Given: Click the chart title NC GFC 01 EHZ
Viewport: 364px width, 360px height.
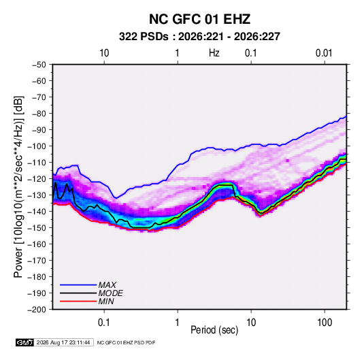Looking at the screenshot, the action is click(199, 19).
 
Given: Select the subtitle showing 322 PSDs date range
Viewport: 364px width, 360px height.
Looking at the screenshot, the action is click(199, 37).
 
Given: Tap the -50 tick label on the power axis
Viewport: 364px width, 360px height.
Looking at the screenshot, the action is click(39, 65).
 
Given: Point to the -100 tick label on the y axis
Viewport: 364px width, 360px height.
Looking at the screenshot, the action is click(37, 146).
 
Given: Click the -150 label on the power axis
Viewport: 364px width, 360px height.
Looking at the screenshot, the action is click(37, 228).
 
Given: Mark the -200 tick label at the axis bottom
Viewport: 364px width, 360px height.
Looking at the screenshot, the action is click(37, 310).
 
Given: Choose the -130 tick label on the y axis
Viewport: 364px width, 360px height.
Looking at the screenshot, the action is click(37, 195).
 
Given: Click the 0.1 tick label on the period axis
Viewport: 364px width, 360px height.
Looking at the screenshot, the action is click(104, 323).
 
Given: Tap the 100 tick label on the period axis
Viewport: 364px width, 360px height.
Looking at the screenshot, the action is click(325, 323).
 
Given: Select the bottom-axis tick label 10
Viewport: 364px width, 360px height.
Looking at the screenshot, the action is click(251, 323).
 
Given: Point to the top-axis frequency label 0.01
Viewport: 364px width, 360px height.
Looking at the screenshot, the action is click(324, 53).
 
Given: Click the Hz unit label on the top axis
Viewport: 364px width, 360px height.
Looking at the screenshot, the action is click(214, 53).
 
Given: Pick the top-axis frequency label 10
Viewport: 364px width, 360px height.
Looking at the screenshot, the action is click(104, 53).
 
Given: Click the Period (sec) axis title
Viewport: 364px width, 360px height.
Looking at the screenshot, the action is click(214, 330).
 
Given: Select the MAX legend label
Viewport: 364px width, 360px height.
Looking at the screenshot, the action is click(107, 285).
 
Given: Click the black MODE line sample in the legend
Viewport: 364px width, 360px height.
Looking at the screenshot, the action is click(78, 293).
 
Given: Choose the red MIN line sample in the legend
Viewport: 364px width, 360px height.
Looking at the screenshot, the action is click(78, 301).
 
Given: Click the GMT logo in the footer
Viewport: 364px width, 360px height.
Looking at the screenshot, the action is click(25, 342).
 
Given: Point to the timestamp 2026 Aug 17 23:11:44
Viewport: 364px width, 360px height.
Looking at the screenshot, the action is click(63, 342).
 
